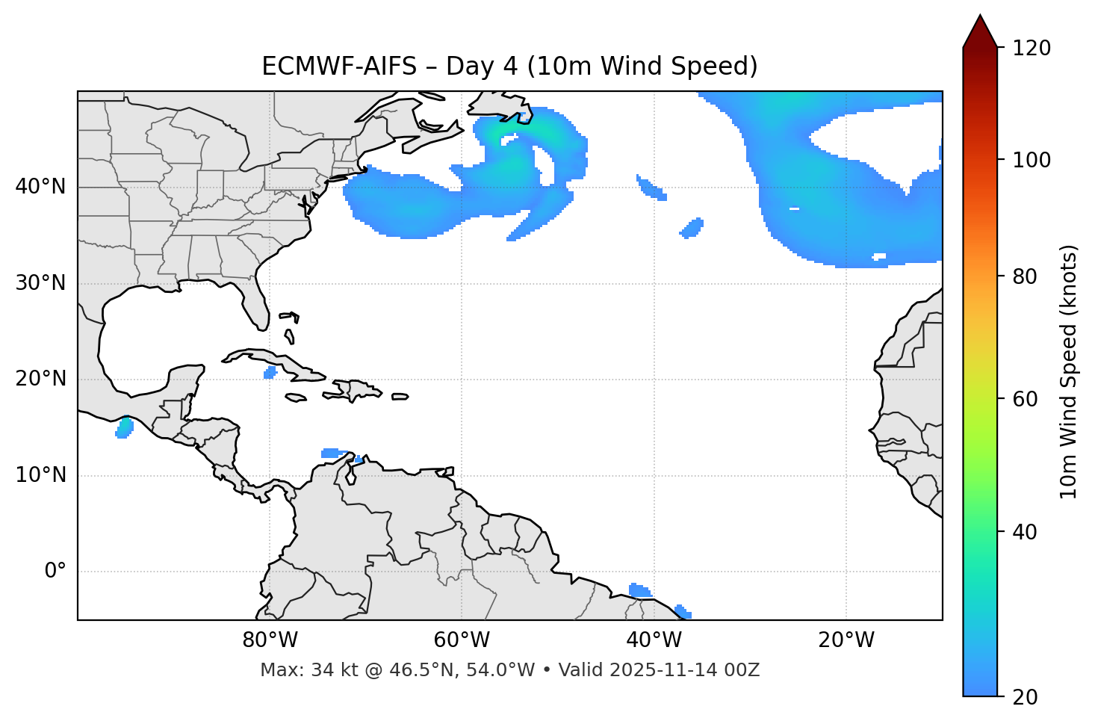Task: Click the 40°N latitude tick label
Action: click(40, 187)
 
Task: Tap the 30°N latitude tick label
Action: click(40, 283)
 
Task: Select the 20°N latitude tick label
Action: click(40, 379)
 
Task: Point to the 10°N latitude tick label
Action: click(40, 475)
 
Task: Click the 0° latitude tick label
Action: click(55, 572)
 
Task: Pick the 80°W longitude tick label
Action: click(270, 640)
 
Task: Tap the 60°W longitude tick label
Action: click(462, 640)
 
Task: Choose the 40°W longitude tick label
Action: click(654, 640)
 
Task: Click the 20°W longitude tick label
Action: click(846, 640)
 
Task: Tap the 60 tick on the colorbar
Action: click(1028, 399)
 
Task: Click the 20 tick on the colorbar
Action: click(1028, 697)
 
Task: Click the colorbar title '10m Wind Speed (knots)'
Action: click(1069, 372)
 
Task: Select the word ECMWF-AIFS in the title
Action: click(339, 66)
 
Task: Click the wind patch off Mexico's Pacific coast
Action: click(124, 428)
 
